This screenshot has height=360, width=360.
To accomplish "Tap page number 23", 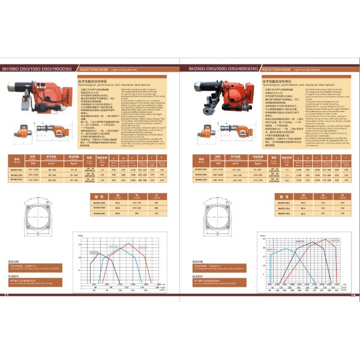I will click(x=7, y=295).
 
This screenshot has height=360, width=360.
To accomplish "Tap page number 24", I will click(x=353, y=295).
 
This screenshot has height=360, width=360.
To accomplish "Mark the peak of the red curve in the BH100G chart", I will click(x=128, y=242).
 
